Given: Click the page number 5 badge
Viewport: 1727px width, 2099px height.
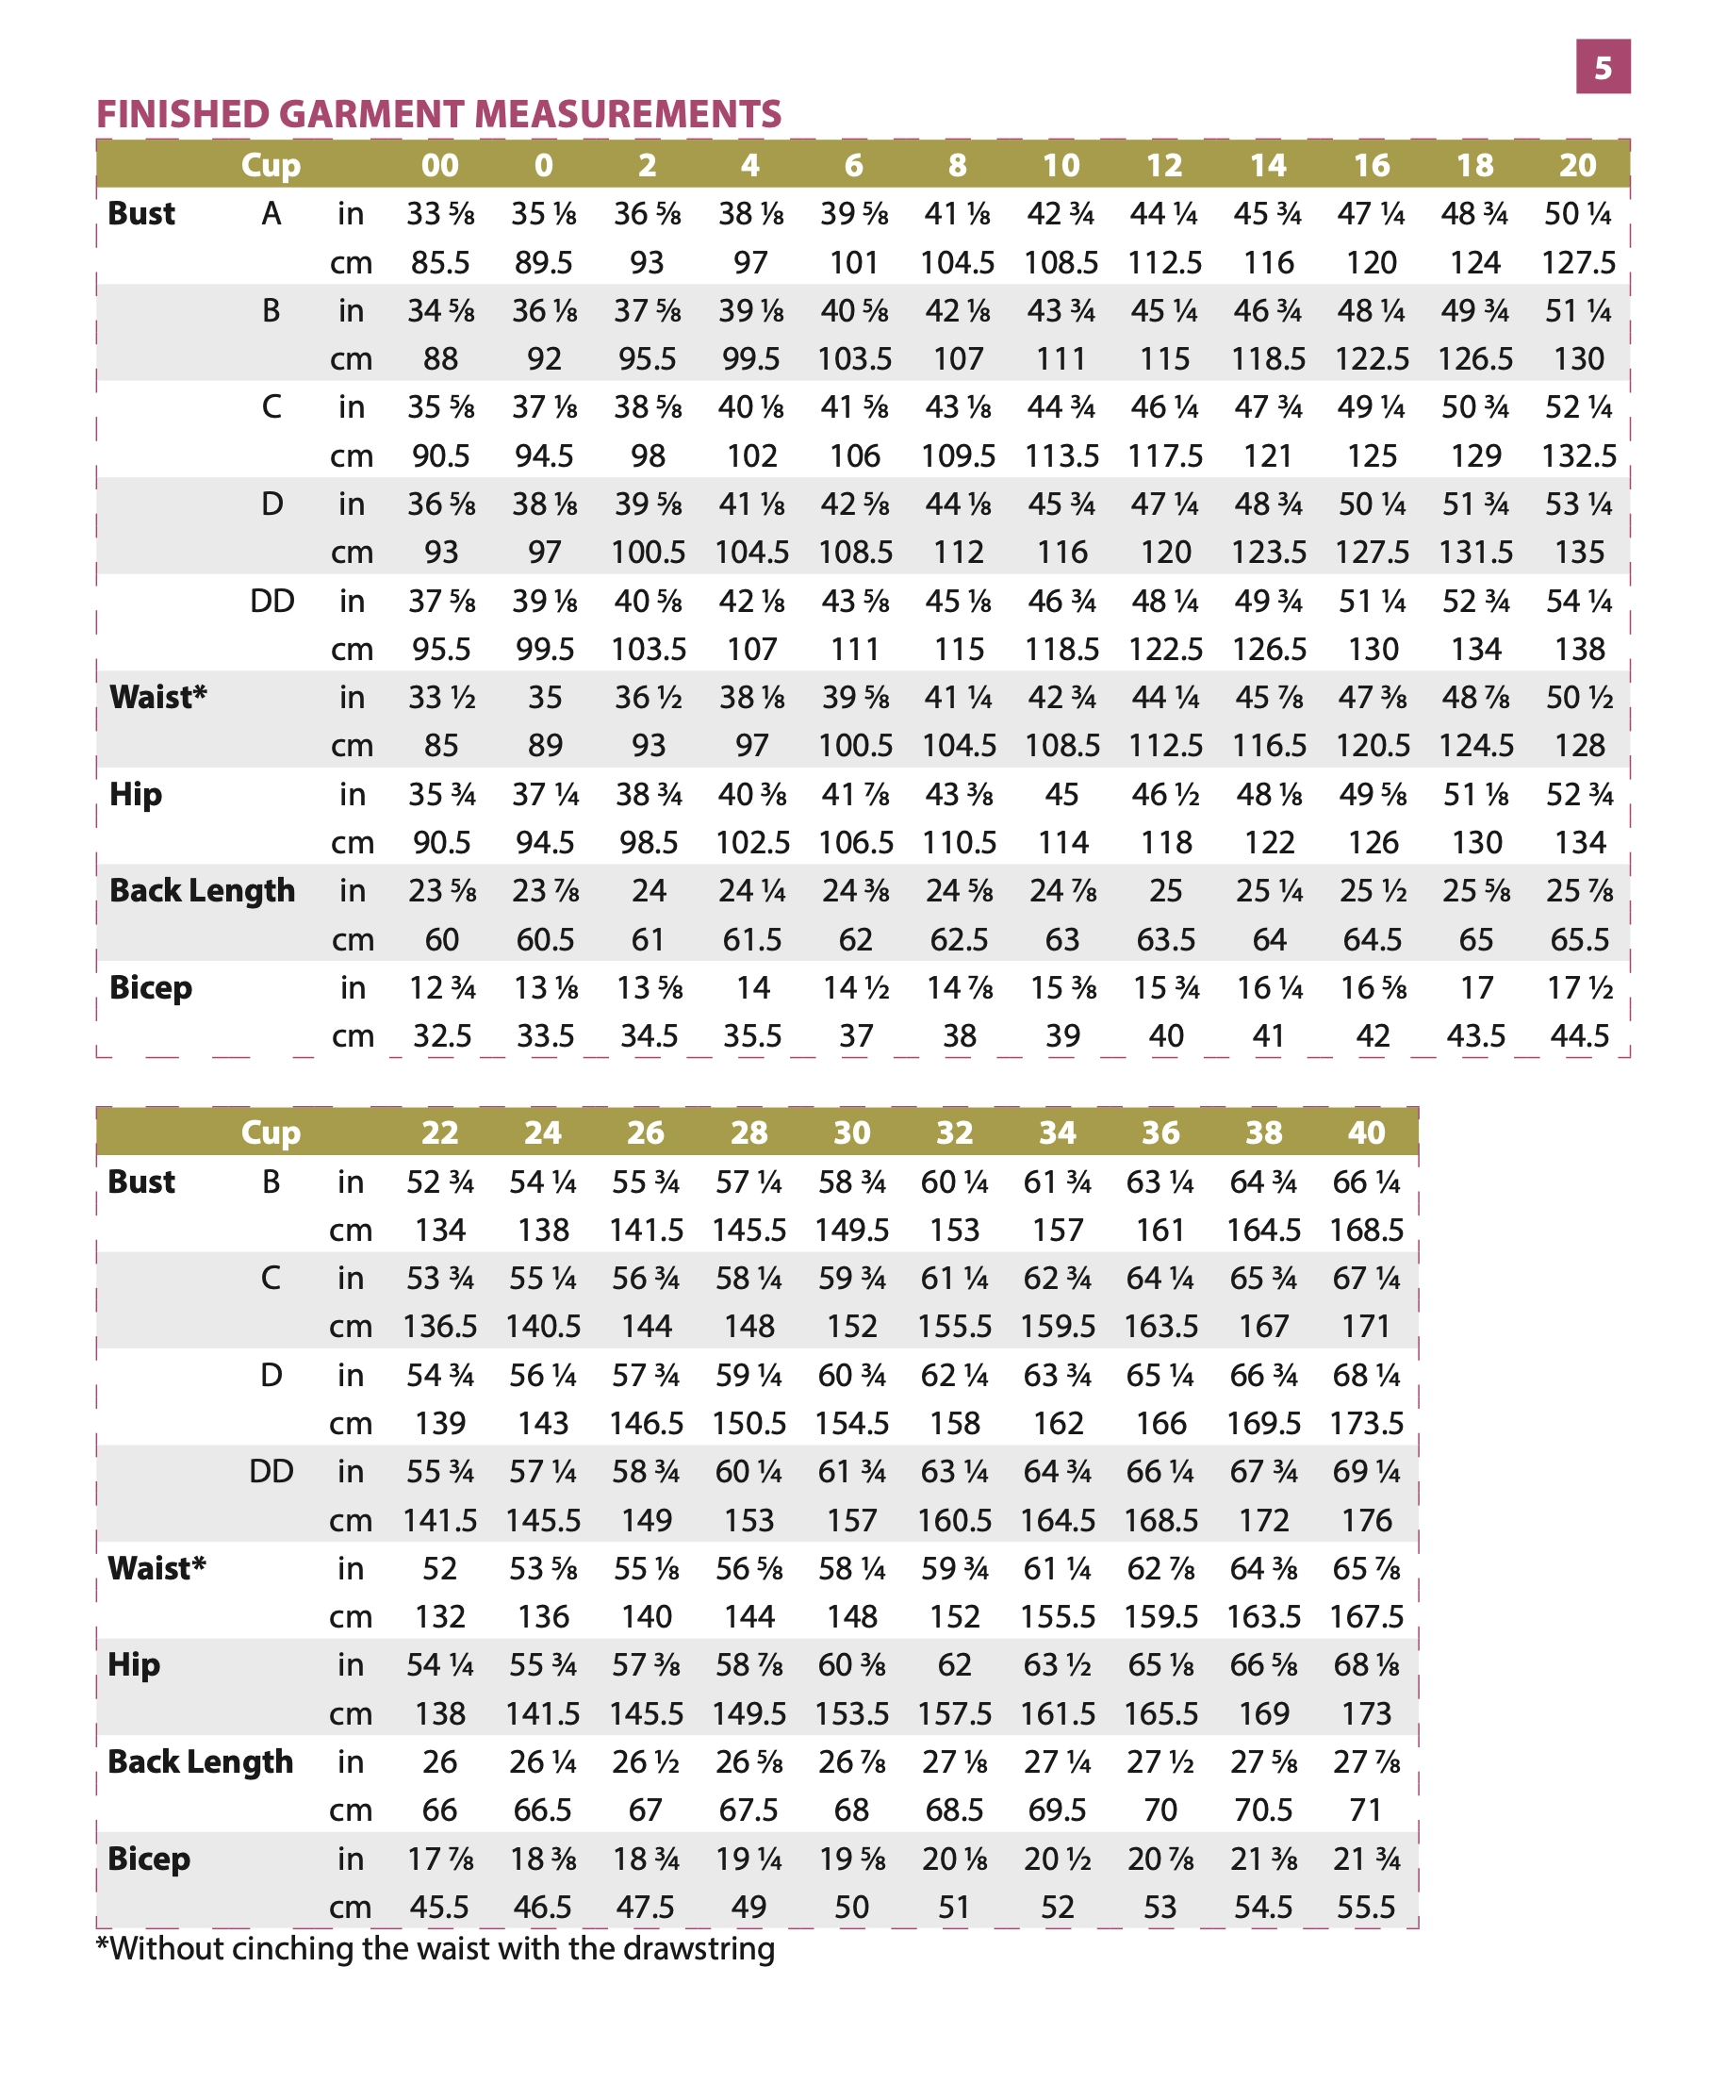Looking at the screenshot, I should coord(1602,67).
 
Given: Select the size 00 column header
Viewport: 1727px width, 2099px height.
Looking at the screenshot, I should coord(439,165).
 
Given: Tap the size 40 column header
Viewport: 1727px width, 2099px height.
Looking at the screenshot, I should coord(1366,1132).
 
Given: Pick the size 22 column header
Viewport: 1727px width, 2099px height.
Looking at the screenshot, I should coord(439,1132).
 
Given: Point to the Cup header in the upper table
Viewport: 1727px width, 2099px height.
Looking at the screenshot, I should coord(271,165).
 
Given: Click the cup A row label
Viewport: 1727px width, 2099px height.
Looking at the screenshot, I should coord(271,214).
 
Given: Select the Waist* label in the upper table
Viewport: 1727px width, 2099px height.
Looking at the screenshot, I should coord(158,697).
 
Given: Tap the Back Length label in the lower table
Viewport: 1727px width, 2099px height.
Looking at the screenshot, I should coord(201,1761).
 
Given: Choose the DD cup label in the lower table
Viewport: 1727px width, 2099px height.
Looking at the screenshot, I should coord(271,1471).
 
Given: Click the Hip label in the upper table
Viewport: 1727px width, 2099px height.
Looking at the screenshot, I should coord(136,794).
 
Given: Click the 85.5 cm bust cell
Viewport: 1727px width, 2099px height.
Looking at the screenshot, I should coord(440,263).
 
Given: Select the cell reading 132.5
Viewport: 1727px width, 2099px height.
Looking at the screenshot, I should coord(1579,455).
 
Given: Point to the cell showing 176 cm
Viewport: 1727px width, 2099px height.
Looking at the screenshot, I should coord(1366,1520).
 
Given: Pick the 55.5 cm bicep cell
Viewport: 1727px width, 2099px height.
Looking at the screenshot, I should coord(1366,1907).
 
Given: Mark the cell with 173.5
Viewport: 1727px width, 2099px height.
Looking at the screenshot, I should coord(1366,1423).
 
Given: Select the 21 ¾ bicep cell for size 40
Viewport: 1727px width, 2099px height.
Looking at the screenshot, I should coord(1366,1859).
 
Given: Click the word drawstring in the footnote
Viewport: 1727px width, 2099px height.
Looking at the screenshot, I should coord(699,1949).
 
